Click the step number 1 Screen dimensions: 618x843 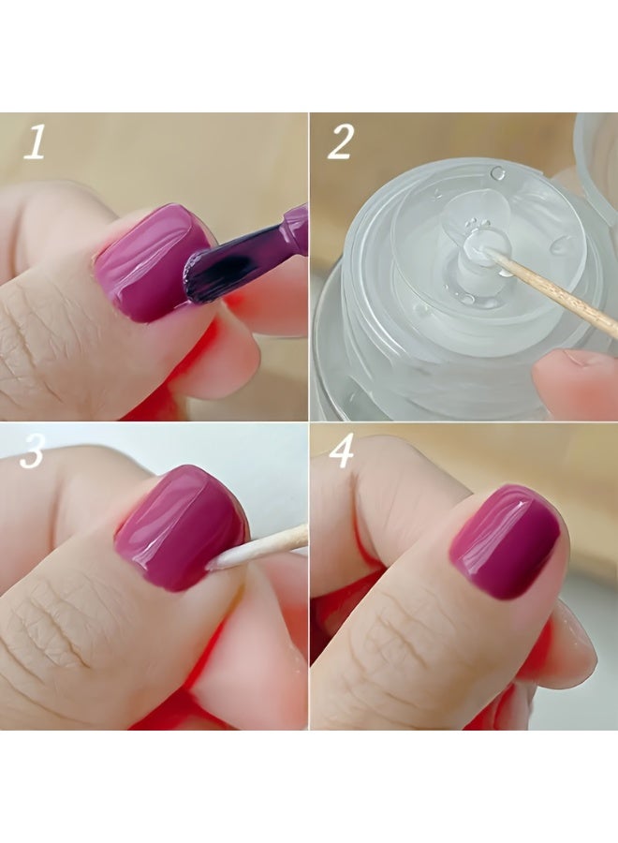point(35,142)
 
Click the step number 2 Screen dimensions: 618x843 point(340,141)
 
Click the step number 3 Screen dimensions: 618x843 point(32,451)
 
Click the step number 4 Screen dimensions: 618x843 point(341,451)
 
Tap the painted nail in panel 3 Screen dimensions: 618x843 point(180,528)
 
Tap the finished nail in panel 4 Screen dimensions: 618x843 point(505,542)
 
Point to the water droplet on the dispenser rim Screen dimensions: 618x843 point(498,173)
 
